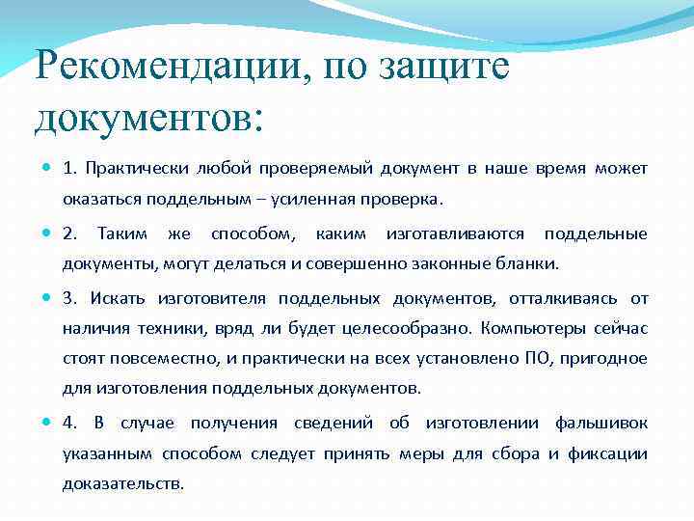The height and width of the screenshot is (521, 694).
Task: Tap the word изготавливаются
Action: click(x=455, y=233)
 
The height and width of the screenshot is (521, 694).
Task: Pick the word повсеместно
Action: click(x=166, y=359)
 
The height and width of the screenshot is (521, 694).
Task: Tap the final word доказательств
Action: click(x=122, y=484)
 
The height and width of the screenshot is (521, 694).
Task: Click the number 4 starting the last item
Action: click(x=69, y=423)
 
